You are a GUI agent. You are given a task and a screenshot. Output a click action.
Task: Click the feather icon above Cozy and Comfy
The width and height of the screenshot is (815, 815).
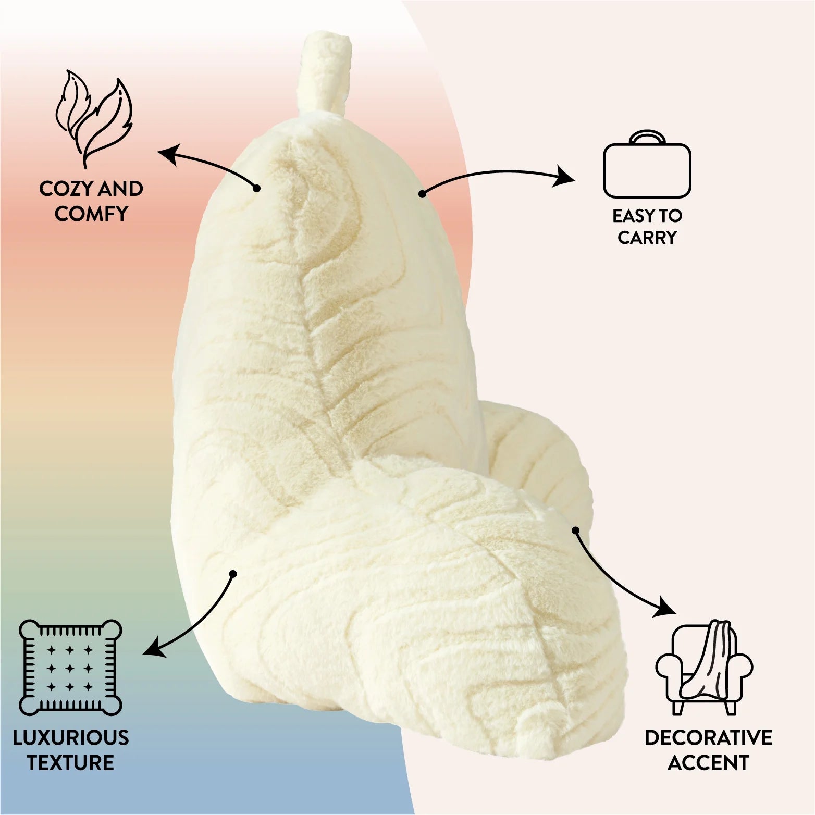coord(94,118)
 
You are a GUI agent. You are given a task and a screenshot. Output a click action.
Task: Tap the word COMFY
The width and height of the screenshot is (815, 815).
coord(91,214)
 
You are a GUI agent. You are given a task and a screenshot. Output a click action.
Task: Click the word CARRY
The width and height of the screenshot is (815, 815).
coord(647,238)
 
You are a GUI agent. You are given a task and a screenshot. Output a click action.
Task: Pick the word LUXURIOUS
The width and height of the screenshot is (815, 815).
coord(70,738)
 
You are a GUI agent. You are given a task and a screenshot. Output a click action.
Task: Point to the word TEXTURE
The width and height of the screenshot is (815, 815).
coord(70,762)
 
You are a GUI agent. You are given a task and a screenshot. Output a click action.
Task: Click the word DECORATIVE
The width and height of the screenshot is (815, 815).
coord(708,738)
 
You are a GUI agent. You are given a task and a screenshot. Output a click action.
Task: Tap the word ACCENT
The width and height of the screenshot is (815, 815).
coord(708,763)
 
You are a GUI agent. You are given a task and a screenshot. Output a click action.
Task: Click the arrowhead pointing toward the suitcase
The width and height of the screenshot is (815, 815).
coord(566,176)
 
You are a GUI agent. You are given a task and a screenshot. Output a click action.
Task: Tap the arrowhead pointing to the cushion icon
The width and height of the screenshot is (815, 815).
coord(152,649)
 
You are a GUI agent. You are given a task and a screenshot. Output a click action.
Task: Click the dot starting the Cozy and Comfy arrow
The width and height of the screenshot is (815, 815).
coord(256,188)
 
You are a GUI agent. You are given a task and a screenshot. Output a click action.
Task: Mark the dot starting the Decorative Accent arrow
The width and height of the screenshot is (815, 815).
coord(575,530)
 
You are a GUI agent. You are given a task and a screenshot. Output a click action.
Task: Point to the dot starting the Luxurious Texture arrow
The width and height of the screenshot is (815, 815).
coord(233,574)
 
